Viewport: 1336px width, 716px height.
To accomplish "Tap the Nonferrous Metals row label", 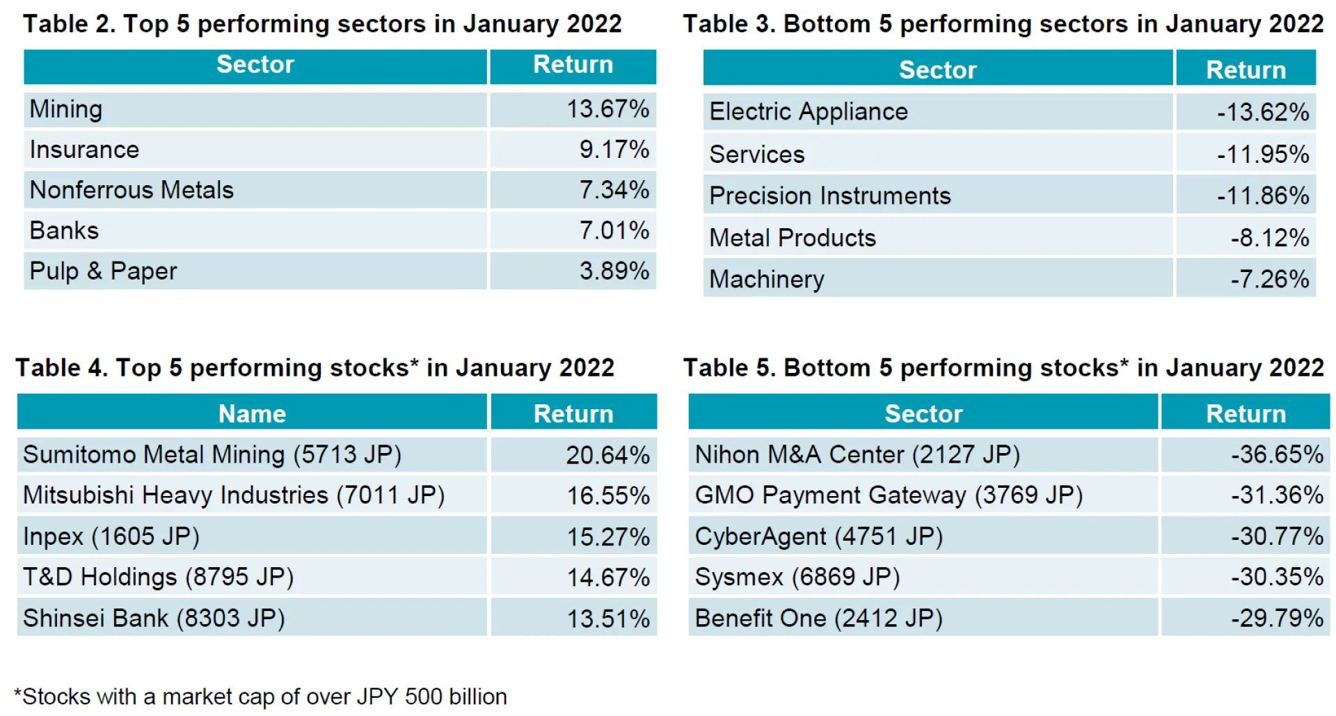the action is click(132, 190).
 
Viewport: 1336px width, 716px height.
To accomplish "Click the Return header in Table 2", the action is click(573, 65).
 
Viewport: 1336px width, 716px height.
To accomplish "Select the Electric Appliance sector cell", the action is click(808, 111).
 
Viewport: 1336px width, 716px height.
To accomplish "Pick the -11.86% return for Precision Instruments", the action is click(1262, 196).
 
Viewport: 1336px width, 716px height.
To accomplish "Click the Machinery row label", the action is click(766, 279).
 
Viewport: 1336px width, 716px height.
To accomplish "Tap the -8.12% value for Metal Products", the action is click(1269, 238).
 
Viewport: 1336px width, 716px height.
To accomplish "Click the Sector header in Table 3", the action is click(937, 70).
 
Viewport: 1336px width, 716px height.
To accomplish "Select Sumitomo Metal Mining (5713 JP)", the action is click(212, 454).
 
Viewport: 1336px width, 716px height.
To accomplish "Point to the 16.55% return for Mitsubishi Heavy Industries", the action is click(607, 495).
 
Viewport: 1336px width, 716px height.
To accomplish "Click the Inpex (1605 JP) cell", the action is click(111, 536).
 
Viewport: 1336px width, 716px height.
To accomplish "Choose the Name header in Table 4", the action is click(252, 414).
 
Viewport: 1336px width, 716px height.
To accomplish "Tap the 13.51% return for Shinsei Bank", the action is click(607, 619).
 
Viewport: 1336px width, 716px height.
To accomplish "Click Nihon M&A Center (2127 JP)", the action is click(857, 454).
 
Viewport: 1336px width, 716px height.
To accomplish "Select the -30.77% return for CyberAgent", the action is click(1276, 536).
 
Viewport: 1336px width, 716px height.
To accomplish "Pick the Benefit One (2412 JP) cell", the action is click(818, 618).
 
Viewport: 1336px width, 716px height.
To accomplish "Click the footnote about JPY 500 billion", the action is click(261, 697).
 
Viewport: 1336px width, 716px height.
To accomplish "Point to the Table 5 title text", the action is click(1003, 367).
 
